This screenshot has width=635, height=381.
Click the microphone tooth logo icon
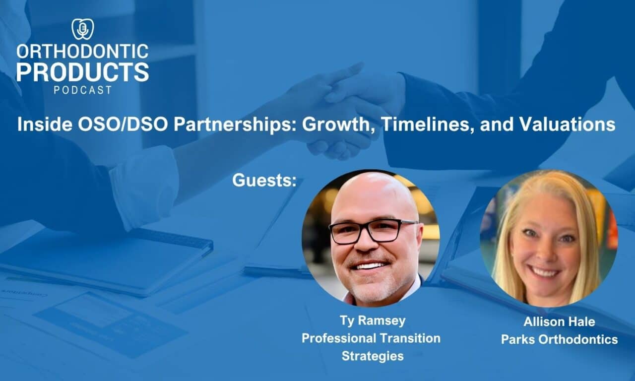pos(82,29)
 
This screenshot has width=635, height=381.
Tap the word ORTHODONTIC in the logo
pos(82,52)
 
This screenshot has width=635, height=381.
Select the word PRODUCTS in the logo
pos(82,72)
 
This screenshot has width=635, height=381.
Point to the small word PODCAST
pos(82,90)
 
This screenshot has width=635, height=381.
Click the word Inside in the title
pos(45,124)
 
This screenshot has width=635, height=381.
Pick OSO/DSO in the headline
pos(123,124)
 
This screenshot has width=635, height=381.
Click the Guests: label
pos(264,180)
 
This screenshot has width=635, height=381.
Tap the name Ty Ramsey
pos(373,321)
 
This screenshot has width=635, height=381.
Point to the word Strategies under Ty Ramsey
pos(373,356)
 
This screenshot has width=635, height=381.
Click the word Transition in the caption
pos(410,338)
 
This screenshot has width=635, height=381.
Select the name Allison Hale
pos(559,321)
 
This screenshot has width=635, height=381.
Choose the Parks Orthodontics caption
pos(559,339)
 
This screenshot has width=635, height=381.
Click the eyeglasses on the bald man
pos(373,231)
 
